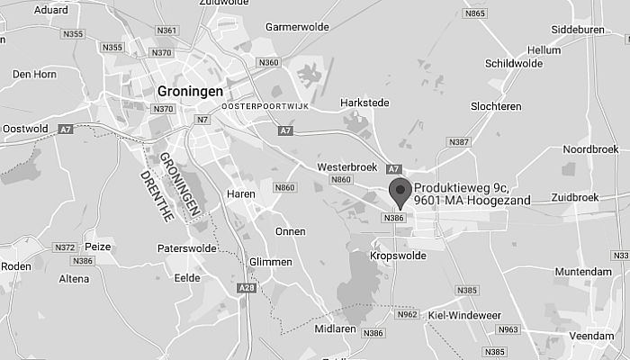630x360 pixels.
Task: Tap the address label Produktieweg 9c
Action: [459, 186]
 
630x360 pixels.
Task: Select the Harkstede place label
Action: [364, 103]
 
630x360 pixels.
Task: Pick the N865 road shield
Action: [475, 13]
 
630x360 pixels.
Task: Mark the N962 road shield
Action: [407, 315]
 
